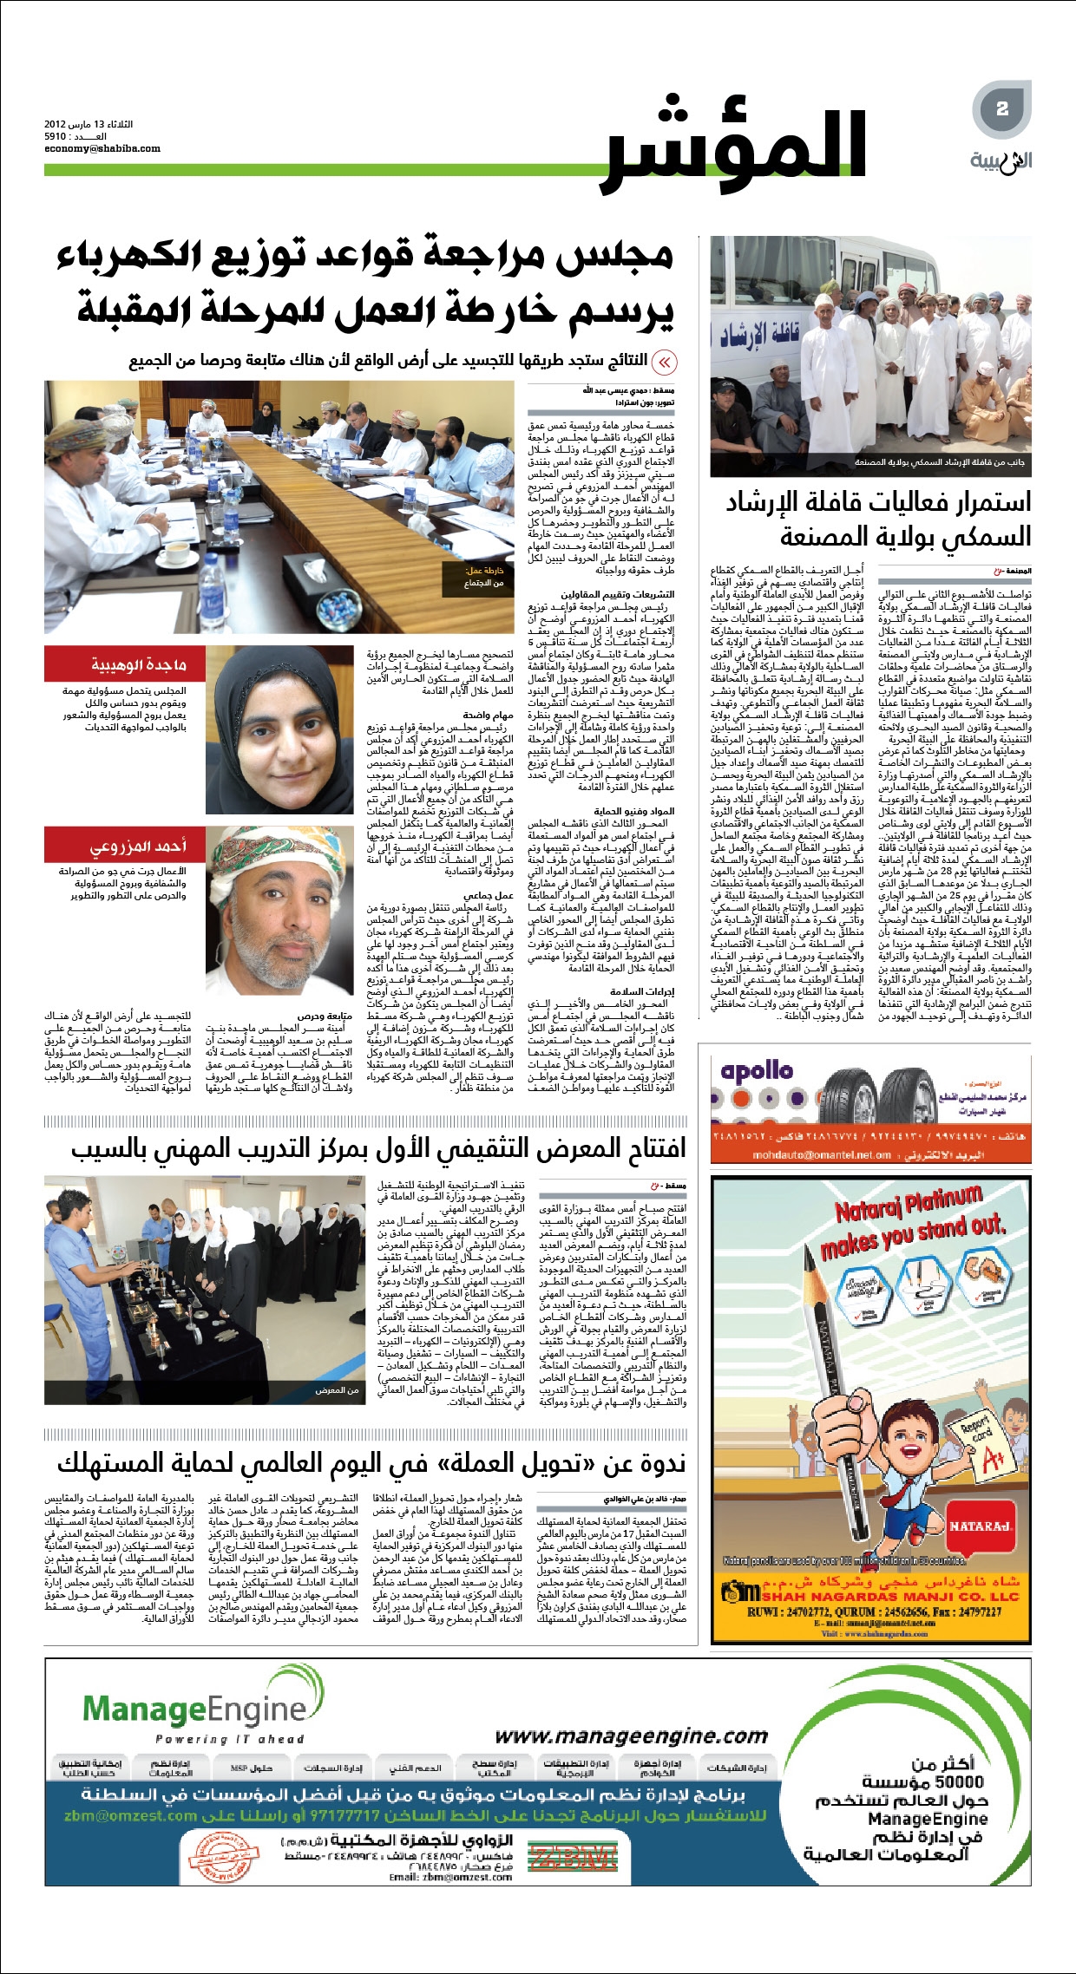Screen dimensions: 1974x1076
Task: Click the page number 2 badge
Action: coord(1002,108)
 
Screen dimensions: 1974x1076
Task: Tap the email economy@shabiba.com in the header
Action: coord(102,148)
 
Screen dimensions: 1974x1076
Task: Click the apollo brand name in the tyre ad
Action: coord(757,1071)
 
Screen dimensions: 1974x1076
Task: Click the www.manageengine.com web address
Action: coord(631,1736)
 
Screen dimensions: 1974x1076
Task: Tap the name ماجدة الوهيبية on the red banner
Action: coord(139,664)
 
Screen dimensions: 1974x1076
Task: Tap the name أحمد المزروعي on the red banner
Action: coord(139,846)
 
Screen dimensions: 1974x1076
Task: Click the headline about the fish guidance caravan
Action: coord(878,519)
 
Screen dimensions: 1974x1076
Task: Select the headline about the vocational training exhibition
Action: coord(378,1148)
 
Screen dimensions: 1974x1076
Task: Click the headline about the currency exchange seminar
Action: coord(371,1463)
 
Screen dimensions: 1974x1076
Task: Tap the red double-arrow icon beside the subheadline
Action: coord(664,362)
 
